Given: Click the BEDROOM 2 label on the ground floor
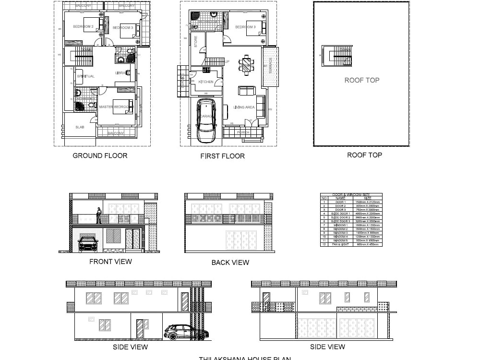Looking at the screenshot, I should pos(83,27).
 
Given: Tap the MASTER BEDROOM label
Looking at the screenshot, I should pos(113,107).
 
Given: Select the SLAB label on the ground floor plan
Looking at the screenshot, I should pos(80,127).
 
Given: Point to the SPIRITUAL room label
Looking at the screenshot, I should pos(86,76).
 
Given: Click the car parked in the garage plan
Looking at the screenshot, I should pos(206,120).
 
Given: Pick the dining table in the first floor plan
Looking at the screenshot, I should pos(246,65).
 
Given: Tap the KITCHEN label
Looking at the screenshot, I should pos(206,82).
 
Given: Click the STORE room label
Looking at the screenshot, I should pos(196,41).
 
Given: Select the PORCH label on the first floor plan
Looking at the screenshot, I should pos(243,132).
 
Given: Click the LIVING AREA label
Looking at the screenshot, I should pos(244,107).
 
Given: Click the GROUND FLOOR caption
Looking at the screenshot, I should pos(100,156).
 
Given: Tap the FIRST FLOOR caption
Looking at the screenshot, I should pos(222,156).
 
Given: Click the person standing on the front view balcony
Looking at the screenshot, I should pos(99,215).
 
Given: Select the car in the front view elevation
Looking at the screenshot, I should pos(88,243).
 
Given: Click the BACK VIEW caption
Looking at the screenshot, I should pos(230,263).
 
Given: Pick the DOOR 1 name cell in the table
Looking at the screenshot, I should pos(340,202).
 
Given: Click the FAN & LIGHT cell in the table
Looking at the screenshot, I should pos(340,244).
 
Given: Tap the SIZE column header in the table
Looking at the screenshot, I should pos(367,198).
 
